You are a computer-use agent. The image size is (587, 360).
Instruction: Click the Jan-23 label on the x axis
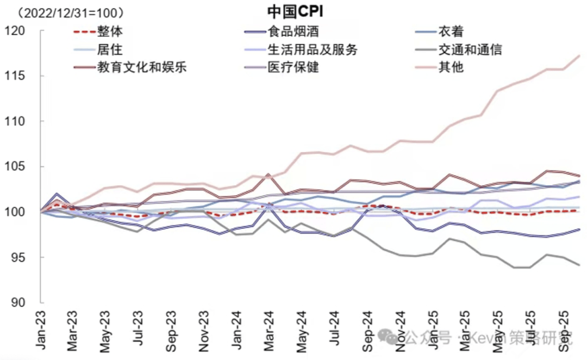pos(41,329)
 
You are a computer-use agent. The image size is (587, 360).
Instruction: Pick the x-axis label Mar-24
pos(268,329)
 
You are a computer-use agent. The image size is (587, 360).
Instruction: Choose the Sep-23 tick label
pos(171,329)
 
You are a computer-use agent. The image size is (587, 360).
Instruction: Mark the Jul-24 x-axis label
pos(333,329)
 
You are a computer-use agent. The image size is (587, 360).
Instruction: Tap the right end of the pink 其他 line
pos(579,55)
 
